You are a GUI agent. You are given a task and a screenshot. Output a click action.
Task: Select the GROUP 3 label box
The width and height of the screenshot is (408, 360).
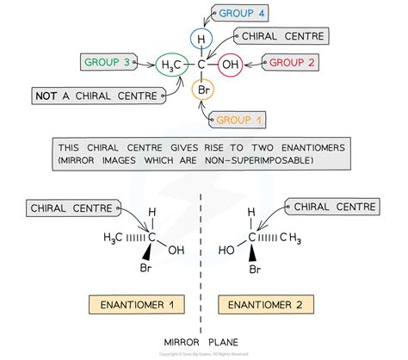coord(109,62)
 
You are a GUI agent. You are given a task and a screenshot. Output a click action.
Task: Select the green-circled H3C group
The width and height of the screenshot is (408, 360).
coord(169,64)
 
